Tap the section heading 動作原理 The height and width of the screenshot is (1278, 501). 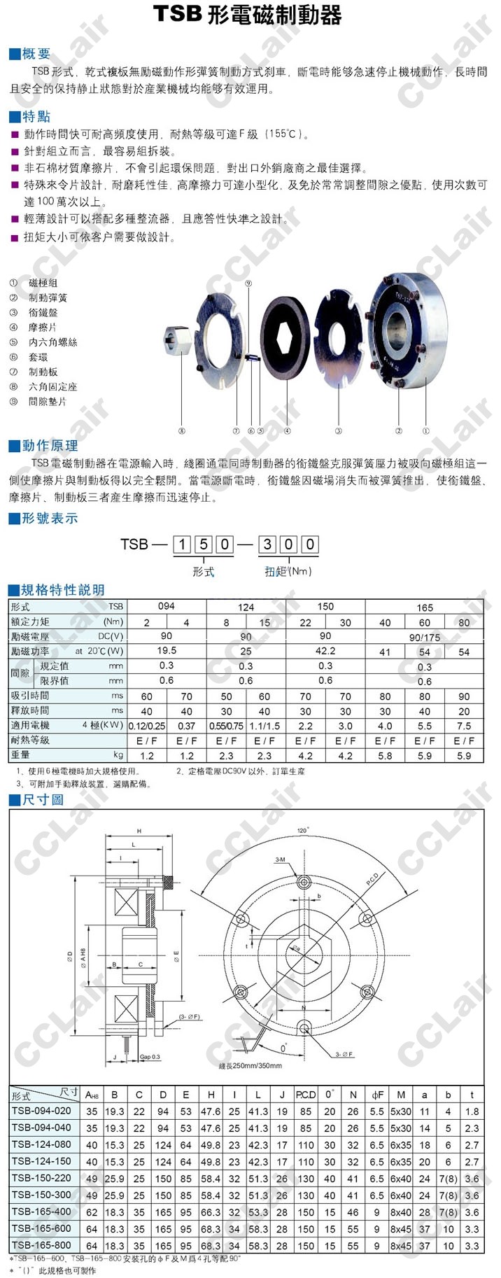(49, 446)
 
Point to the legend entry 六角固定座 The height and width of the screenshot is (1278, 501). (52, 386)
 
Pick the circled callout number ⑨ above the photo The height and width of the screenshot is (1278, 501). (248, 283)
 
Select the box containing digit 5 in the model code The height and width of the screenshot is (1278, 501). (203, 544)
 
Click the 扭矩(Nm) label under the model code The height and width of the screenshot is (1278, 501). (288, 571)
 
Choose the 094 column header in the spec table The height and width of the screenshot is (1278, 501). (167, 606)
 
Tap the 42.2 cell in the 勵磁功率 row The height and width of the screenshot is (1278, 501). (325, 651)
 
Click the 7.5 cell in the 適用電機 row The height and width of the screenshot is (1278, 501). (464, 726)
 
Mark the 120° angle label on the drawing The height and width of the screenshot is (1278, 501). (302, 830)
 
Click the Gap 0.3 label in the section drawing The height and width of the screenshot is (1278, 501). (150, 1057)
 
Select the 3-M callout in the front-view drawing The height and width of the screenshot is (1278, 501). (280, 859)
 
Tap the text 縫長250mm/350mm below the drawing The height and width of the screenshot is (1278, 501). (250, 1066)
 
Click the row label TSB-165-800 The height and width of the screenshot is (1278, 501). (41, 1246)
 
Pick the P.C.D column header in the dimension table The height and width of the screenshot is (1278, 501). (306, 1095)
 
